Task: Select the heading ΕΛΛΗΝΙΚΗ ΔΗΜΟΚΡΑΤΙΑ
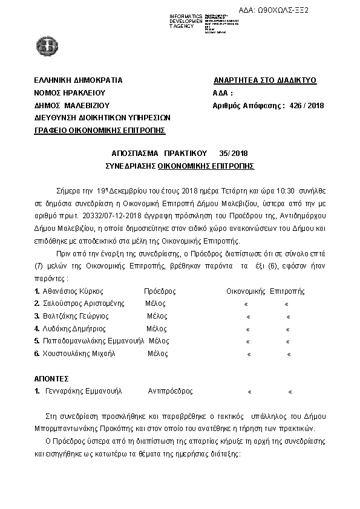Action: pyautogui.click(x=79, y=80)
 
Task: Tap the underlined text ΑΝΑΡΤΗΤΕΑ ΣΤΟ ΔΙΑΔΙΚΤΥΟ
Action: pyautogui.click(x=265, y=80)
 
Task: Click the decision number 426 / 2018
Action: pyautogui.click(x=307, y=106)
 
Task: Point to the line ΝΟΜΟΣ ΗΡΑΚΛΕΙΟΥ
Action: pyautogui.click(x=70, y=93)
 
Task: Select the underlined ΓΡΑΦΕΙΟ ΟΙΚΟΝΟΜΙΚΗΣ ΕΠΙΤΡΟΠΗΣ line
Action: pyautogui.click(x=100, y=131)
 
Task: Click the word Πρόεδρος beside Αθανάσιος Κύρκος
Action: pyautogui.click(x=160, y=291)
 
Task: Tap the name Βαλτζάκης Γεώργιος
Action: pyautogui.click(x=75, y=316)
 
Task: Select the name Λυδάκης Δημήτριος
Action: pyautogui.click(x=73, y=329)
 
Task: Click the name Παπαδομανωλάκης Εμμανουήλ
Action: pyautogui.click(x=90, y=341)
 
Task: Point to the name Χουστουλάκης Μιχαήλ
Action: pyautogui.click(x=78, y=354)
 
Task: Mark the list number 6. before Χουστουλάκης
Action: pyautogui.click(x=37, y=354)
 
